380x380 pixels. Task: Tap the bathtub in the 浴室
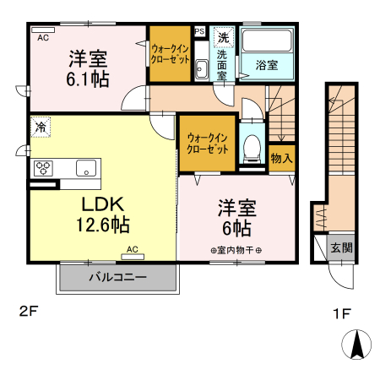267,40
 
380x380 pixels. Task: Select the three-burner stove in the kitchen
43,168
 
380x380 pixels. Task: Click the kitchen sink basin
86,168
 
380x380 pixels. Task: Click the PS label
199,31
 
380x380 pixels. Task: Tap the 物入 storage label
281,158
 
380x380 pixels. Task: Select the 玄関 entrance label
341,248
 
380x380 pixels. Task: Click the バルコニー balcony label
117,277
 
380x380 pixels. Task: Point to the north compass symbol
356,345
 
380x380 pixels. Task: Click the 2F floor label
28,312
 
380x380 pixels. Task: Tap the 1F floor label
341,313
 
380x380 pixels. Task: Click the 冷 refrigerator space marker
41,128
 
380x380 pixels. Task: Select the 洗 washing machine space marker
224,37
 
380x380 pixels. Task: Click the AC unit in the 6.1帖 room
43,30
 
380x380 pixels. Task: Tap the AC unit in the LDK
133,257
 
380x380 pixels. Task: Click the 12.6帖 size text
103,225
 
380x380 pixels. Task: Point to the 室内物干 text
236,250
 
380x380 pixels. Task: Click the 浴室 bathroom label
267,65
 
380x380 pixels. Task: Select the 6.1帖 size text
88,79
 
